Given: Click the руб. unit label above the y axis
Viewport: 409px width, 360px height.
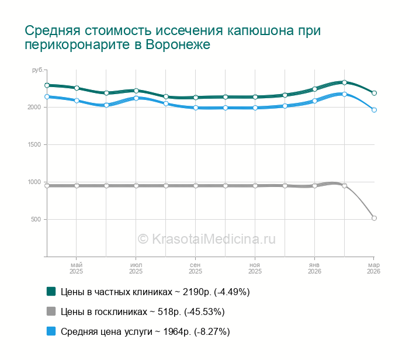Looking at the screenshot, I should tap(37, 70).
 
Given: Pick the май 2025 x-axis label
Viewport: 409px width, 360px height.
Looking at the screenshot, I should tap(77, 268).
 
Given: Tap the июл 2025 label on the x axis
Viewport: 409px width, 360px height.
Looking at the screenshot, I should tap(136, 268).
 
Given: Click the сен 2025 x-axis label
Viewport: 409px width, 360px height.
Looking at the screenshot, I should tap(195, 268).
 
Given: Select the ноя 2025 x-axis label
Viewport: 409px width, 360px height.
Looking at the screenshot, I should tap(255, 268).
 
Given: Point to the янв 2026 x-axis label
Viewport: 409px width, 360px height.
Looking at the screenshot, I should tap(314, 268).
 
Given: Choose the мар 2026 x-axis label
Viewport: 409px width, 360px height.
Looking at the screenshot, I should tap(373, 268).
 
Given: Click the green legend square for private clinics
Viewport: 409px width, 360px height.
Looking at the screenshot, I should tap(51, 291).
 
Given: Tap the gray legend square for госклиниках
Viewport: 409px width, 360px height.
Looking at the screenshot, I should tap(51, 311).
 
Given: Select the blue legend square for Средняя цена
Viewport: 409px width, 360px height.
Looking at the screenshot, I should tap(51, 331).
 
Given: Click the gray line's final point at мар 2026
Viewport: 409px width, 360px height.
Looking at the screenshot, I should tap(374, 218).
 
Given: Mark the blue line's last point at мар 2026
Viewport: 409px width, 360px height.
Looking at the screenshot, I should tap(374, 110).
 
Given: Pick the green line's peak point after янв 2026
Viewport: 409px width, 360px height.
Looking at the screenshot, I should tap(345, 82).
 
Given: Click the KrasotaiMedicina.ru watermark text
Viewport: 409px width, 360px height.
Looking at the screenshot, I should tap(206, 238).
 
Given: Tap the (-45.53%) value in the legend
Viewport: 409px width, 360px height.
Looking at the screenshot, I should tap(204, 311).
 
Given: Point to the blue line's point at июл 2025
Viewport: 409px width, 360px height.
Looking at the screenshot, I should tap(136, 98).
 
